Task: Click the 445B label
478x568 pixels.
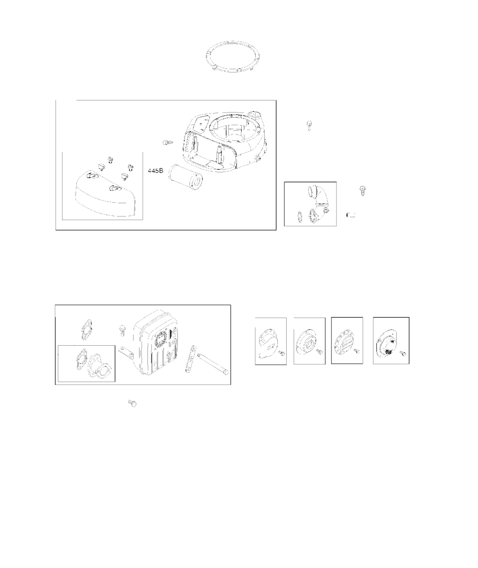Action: pyautogui.click(x=155, y=170)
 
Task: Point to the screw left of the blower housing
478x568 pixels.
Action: pyautogui.click(x=168, y=142)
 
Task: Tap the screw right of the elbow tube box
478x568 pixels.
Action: pyautogui.click(x=362, y=191)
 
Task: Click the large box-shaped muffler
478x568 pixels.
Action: pyautogui.click(x=156, y=341)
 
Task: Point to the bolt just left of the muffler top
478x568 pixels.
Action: pyautogui.click(x=122, y=330)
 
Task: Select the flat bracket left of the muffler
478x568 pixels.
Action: pyautogui.click(x=125, y=351)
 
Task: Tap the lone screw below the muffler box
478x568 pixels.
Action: pyautogui.click(x=133, y=403)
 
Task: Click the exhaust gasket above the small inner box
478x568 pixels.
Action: pyautogui.click(x=87, y=330)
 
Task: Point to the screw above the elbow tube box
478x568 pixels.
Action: pyautogui.click(x=309, y=125)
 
